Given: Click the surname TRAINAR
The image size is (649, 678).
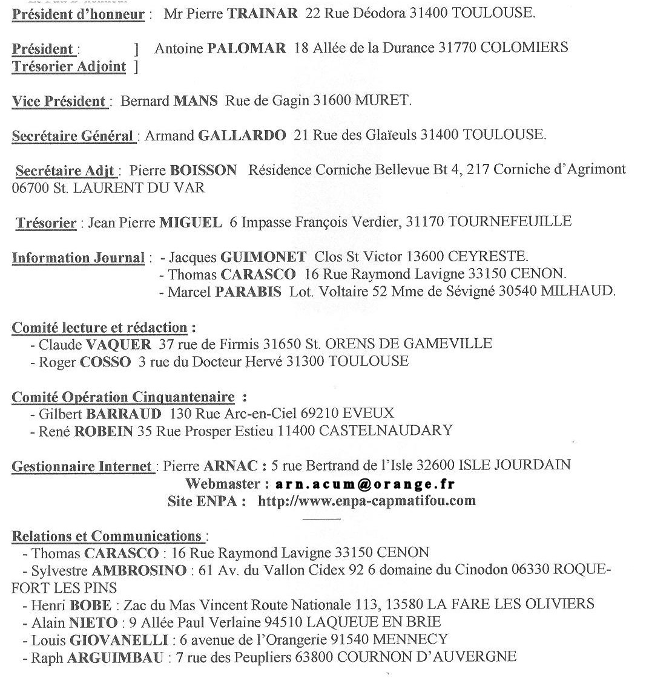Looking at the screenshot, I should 262,13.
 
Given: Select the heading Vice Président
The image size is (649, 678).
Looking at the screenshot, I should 59,101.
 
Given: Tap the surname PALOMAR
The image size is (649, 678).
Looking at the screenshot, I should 246,48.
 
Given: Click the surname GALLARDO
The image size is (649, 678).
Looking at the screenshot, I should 242,135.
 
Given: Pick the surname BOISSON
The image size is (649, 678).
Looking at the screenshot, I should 203,170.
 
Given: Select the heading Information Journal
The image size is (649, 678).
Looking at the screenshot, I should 78,258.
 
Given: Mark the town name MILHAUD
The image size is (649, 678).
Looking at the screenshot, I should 578,291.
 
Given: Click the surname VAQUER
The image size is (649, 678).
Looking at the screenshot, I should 119,344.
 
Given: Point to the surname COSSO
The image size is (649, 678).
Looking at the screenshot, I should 105,362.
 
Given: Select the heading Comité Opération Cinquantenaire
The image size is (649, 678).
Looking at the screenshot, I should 123,397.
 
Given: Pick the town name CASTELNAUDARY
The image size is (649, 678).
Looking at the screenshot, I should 385,431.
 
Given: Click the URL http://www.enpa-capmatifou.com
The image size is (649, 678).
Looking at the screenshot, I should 366,501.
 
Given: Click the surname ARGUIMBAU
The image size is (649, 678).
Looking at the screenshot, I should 115,657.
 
